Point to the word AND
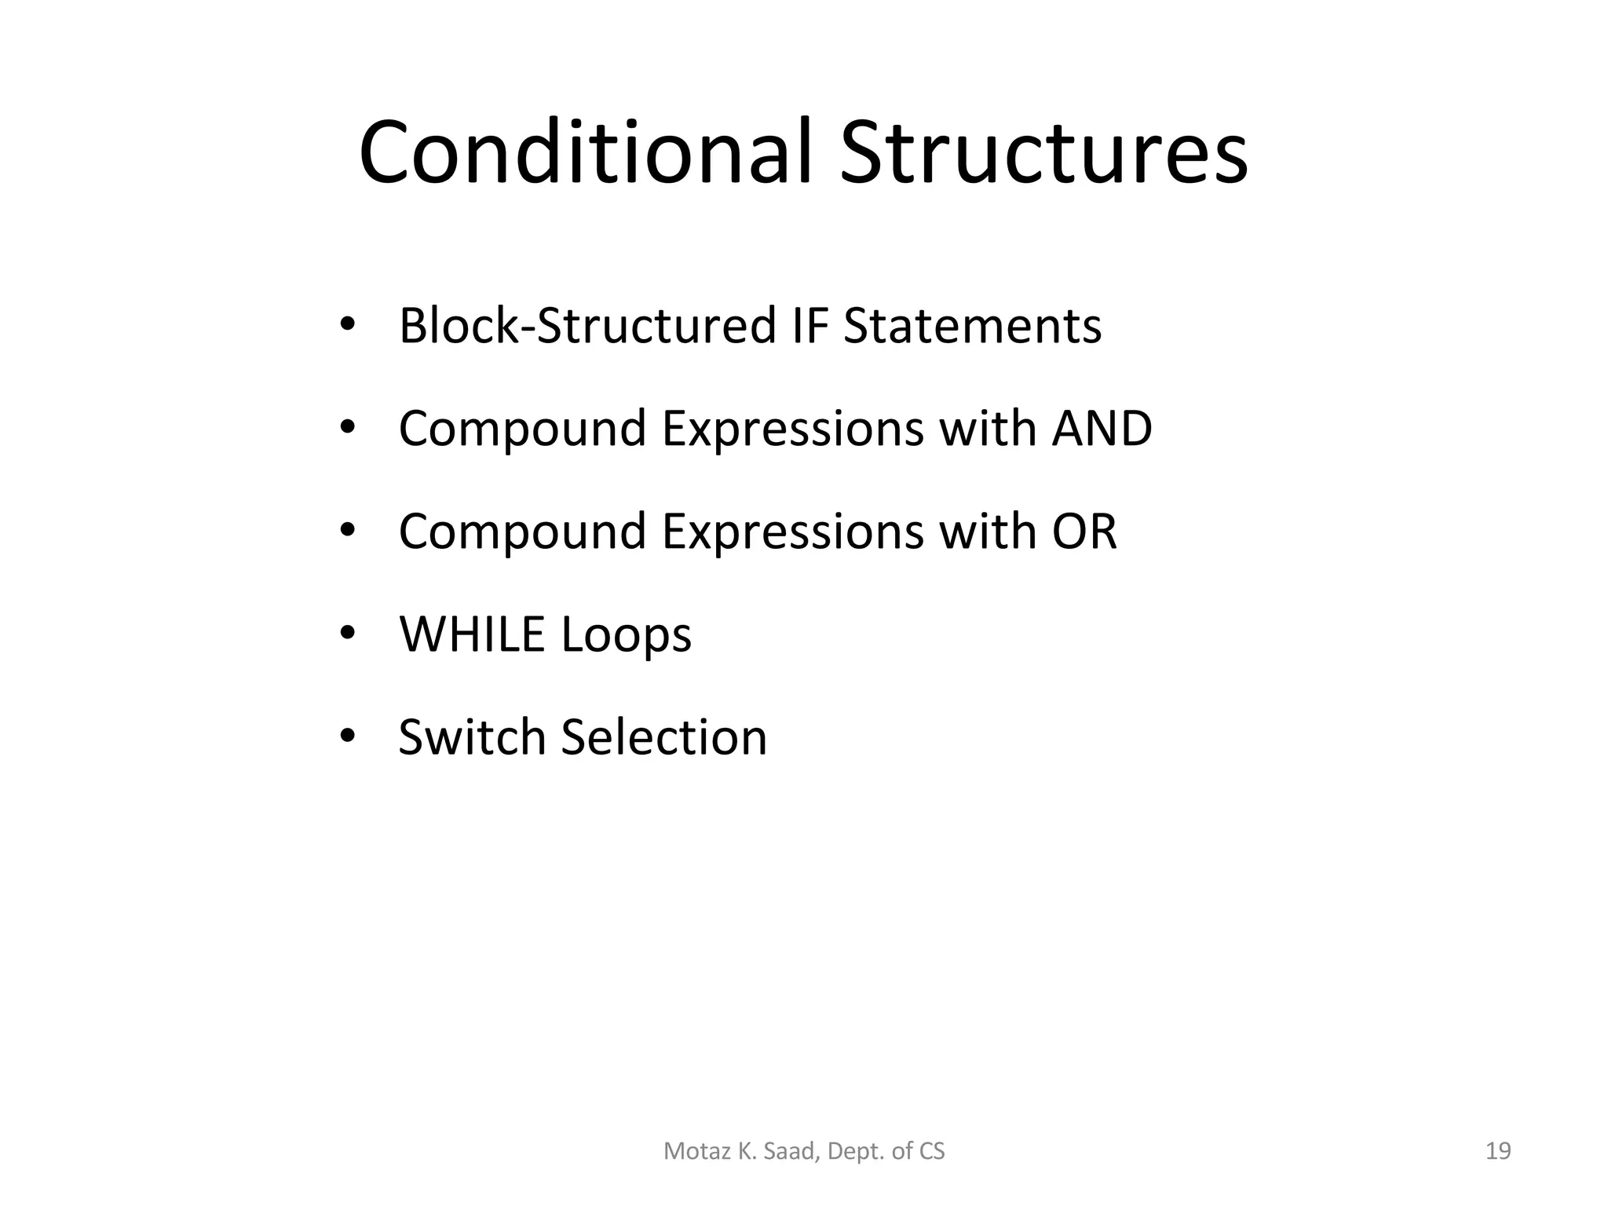click(x=1102, y=429)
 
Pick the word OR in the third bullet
click(x=1084, y=532)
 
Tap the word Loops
click(x=627, y=634)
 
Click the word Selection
click(x=664, y=737)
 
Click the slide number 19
click(x=1498, y=1151)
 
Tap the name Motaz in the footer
click(x=688, y=1151)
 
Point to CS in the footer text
click(x=931, y=1151)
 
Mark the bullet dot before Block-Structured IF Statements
click(x=348, y=324)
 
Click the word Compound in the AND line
click(x=522, y=429)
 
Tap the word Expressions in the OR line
click(x=792, y=532)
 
